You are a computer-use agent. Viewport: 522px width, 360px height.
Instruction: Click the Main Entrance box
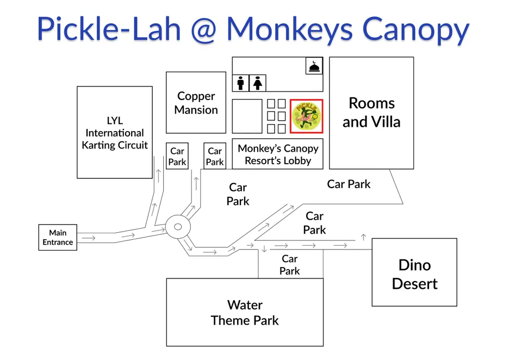tap(58, 238)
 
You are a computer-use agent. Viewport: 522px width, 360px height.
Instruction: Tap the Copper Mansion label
tap(196, 103)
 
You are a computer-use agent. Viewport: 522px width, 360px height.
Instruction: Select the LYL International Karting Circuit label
tap(115, 133)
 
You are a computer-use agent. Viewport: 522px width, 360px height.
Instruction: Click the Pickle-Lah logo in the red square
tap(307, 116)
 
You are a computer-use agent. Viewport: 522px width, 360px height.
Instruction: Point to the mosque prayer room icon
tap(314, 66)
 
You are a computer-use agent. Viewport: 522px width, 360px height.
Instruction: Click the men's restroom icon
tap(241, 83)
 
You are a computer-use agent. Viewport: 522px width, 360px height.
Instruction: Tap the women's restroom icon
tap(258, 83)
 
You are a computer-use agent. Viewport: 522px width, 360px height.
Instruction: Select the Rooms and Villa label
tap(371, 113)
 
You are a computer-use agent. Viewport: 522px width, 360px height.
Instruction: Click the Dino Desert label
tap(414, 274)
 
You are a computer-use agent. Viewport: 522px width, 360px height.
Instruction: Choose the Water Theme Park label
tap(245, 313)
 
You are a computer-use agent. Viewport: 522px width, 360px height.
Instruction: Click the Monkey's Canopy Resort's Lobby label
tap(278, 154)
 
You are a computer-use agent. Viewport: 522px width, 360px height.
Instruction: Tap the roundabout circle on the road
tap(177, 227)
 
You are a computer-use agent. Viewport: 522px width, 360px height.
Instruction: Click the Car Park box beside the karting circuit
tap(177, 157)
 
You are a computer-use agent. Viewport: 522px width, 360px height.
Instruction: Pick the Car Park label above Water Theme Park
tap(290, 265)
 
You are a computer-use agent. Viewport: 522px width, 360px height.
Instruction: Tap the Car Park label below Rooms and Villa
tap(349, 184)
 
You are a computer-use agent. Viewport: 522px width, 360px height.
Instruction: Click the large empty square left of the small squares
tap(247, 116)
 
